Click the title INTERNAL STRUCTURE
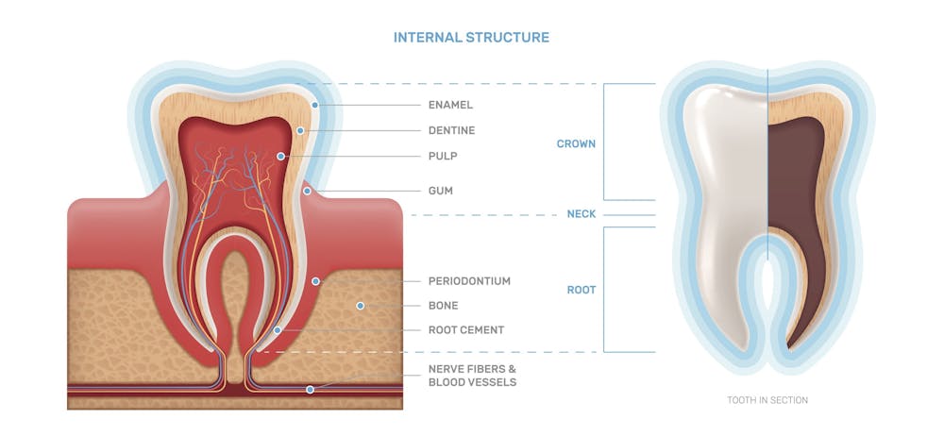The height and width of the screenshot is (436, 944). click(471, 38)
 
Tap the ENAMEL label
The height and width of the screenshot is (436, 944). click(450, 105)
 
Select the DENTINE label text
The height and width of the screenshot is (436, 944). click(451, 130)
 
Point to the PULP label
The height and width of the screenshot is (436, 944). click(443, 156)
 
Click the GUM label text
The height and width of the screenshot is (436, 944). click(440, 191)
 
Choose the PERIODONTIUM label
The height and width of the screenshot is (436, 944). click(469, 281)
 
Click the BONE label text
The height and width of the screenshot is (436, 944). click(443, 306)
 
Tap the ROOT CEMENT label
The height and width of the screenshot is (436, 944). click(465, 330)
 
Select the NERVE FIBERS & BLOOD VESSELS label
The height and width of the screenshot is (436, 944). click(472, 376)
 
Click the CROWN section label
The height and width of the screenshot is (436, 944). click(576, 144)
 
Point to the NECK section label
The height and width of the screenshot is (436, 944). click(581, 214)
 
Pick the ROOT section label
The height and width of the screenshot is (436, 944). click(581, 290)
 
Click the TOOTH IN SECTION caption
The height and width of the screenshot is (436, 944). click(767, 400)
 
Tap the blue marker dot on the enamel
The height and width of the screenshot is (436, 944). click(315, 105)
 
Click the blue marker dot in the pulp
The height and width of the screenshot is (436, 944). click(280, 156)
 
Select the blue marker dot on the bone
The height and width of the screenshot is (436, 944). click(360, 306)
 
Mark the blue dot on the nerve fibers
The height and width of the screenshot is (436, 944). click(310, 389)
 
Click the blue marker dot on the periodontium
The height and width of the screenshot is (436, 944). click(316, 281)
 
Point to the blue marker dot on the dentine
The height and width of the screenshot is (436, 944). click(300, 130)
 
